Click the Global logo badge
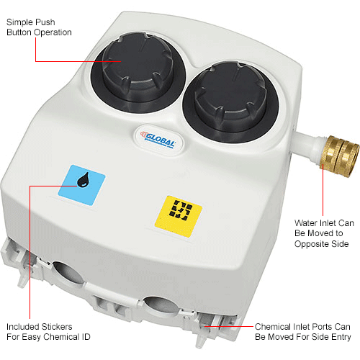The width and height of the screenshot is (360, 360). [158, 140]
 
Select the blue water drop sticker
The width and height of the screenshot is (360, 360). [81, 185]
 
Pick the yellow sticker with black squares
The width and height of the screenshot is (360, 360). [178, 216]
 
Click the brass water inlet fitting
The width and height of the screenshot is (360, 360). [340, 156]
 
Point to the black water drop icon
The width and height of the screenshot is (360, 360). [83, 179]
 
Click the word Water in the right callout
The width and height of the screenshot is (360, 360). [306, 223]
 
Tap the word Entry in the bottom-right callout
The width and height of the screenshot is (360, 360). [341, 337]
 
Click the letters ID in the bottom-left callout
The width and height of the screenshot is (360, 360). [86, 337]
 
